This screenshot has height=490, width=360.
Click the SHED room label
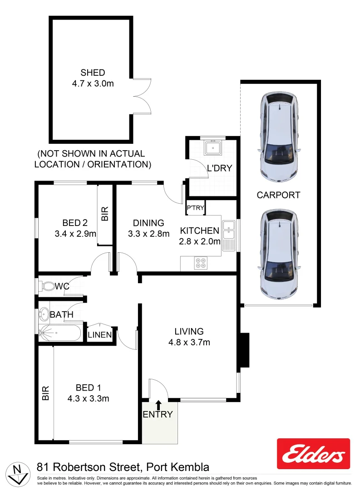click(x=93, y=73)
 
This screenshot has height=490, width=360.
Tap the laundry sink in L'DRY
click(x=212, y=147)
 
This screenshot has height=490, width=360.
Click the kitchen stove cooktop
click(x=200, y=263)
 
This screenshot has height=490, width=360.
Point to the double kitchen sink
click(x=228, y=235)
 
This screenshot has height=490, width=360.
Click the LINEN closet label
click(x=99, y=335)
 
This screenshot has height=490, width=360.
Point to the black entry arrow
click(x=158, y=404)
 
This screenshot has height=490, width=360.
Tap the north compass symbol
click(x=19, y=473)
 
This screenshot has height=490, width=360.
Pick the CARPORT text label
click(x=278, y=195)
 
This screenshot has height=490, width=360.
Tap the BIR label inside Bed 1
click(x=45, y=393)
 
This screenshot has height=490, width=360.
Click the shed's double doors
click(x=142, y=95)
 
